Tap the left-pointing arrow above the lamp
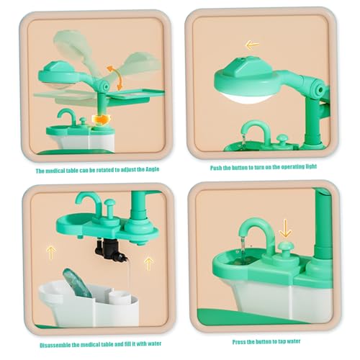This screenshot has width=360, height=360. (251, 45)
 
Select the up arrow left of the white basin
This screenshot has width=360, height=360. (51, 253)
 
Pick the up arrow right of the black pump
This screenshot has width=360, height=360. (148, 263)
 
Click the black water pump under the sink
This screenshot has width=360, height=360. (109, 251)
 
